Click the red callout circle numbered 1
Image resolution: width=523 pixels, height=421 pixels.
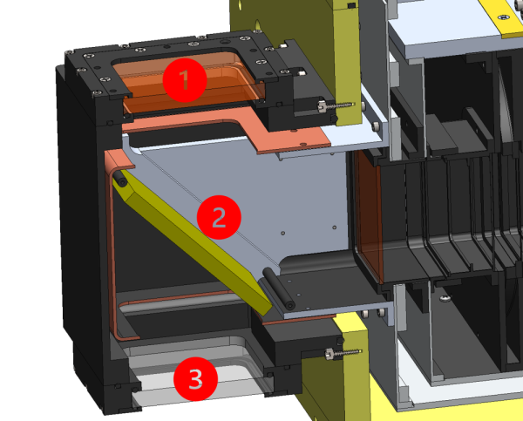point(185,80)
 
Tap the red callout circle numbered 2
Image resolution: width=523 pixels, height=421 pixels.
point(219,217)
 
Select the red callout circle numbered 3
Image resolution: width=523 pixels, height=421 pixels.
point(196,379)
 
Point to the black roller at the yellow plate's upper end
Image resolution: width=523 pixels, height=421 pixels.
point(119,179)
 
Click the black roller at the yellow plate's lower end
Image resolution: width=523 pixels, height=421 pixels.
point(279,289)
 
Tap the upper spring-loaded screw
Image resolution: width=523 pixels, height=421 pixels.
point(335,106)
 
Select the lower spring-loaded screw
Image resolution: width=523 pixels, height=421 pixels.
point(343,353)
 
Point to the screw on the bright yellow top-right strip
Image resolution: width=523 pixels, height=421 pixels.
point(504,17)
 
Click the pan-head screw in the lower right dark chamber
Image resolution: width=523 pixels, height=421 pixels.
point(444,298)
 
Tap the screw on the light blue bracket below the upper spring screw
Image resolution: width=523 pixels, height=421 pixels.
point(376,126)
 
